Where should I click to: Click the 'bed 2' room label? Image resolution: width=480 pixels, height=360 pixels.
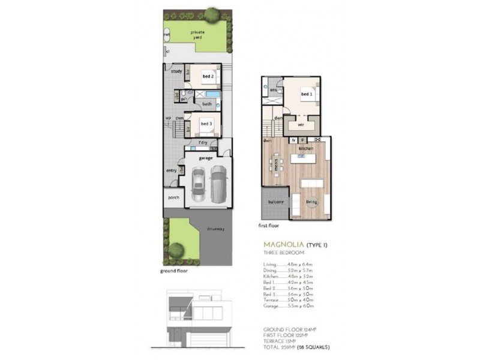coord(208,77)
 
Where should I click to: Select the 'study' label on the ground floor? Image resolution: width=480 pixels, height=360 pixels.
coord(176,71)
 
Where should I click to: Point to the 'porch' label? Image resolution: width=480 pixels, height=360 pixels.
coord(173,198)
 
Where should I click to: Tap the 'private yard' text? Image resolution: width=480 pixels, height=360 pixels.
coord(197,34)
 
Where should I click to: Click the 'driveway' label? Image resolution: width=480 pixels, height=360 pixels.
coord(215,228)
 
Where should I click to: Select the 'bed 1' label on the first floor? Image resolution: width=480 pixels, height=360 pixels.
coord(306,94)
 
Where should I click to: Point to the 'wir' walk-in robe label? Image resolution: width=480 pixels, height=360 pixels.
coord(301,125)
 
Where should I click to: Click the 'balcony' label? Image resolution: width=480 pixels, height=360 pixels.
coord(275,202)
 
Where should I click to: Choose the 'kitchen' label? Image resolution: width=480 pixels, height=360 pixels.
coord(306,148)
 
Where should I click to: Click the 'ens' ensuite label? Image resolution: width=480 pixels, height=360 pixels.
coord(272,91)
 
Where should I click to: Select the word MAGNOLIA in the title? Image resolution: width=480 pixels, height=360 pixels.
coord(284,245)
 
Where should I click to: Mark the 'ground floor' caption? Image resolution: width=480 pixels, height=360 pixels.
coord(174,271)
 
